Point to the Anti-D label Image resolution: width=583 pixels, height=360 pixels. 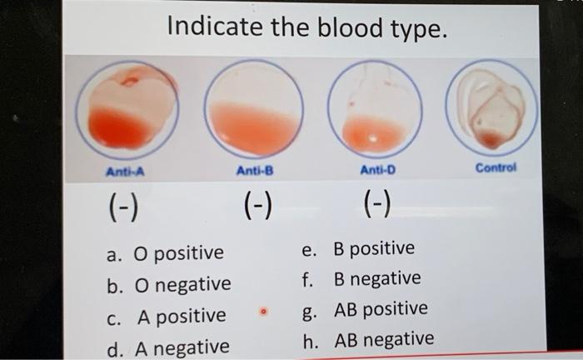[377, 172]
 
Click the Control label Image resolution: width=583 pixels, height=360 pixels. [496, 167]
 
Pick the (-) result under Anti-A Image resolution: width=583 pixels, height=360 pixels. [123, 203]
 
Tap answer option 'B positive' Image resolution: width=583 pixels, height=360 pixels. [372, 248]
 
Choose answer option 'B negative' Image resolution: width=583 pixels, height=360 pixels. [376, 278]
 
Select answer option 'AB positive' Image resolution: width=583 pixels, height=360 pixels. [380, 309]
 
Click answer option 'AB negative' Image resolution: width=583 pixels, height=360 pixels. [383, 340]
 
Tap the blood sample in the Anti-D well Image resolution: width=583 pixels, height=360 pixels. [372, 132]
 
